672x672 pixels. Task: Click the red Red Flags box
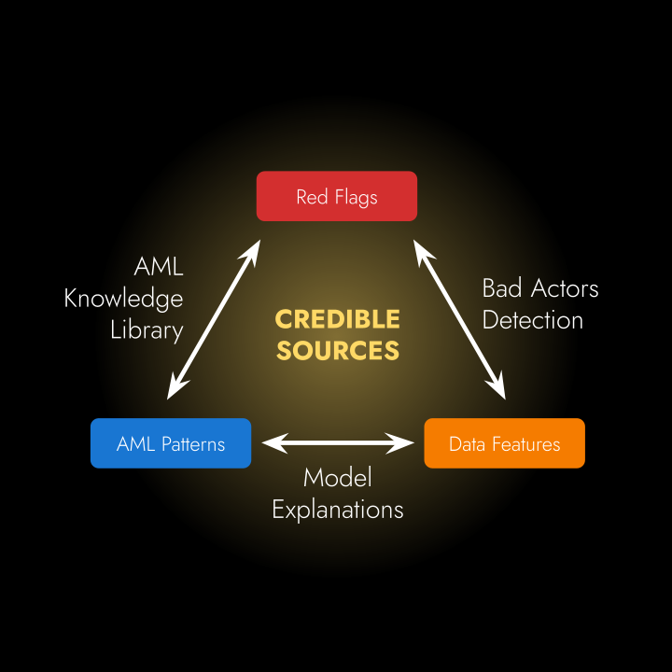[x=336, y=196]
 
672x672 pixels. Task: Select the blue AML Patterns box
[x=171, y=443]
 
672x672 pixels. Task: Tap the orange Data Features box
[x=504, y=443]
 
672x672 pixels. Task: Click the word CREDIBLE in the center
[x=337, y=319]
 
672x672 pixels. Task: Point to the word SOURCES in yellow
[x=338, y=351]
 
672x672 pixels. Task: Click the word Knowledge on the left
[x=123, y=299]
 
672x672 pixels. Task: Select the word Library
[x=147, y=330]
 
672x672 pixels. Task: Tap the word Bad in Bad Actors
[x=502, y=288]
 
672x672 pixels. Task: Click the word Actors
[x=565, y=288]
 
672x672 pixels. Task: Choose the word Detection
[x=533, y=320]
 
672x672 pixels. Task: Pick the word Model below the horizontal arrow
[x=338, y=478]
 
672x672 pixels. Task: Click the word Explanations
[x=338, y=510]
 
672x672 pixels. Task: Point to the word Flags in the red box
[x=356, y=198]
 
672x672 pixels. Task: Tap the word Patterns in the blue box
[x=193, y=444]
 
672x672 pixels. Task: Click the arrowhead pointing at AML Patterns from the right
[x=274, y=443]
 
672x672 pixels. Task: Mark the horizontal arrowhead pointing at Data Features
[x=400, y=443]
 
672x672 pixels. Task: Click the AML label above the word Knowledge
[x=159, y=267]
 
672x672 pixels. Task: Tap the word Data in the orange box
[x=468, y=444]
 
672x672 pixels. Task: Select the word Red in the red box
[x=313, y=197]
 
